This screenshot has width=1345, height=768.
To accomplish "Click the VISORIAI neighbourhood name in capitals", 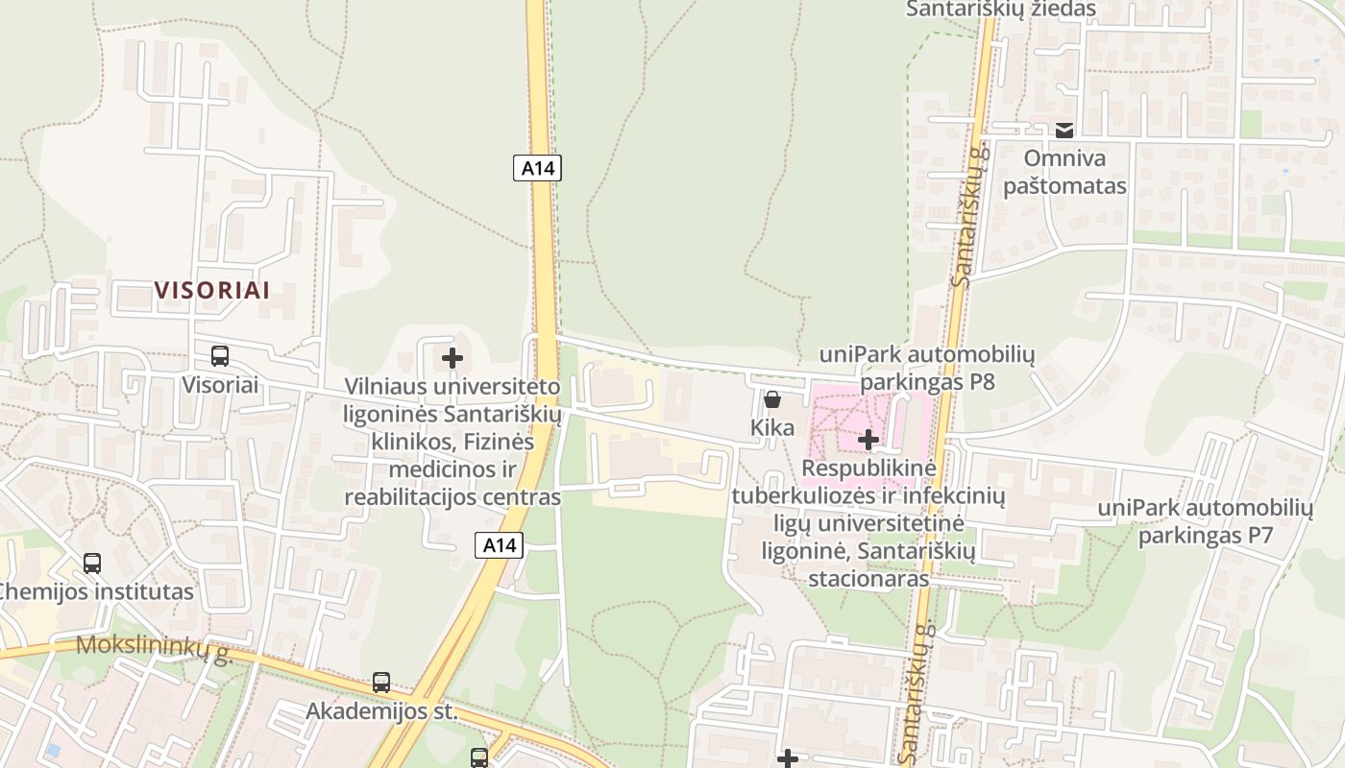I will click(x=212, y=290).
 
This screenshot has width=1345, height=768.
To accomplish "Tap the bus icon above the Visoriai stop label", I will click(x=220, y=356).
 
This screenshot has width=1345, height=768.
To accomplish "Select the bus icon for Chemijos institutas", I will click(x=92, y=564).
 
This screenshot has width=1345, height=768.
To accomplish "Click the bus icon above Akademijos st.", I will click(x=381, y=683).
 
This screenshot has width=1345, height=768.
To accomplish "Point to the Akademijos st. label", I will click(x=381, y=712).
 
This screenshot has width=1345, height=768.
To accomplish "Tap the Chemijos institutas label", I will click(x=96, y=591).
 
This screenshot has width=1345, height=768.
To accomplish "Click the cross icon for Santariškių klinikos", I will click(x=452, y=359).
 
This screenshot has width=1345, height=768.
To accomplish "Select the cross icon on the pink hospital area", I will click(x=868, y=440).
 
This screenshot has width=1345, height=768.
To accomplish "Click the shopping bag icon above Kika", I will click(x=772, y=399).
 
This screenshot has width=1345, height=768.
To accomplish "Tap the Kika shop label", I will click(x=773, y=427).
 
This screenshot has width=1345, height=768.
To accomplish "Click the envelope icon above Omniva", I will click(x=1064, y=131).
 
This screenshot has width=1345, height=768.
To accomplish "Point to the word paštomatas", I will click(x=1064, y=185).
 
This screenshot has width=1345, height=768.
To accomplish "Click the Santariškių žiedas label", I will click(x=1000, y=10).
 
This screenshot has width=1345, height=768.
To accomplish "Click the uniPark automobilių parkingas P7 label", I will click(x=1206, y=521).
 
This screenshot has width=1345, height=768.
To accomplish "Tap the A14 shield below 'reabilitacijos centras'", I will click(x=500, y=546).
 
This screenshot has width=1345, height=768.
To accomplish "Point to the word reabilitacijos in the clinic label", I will click(x=411, y=497).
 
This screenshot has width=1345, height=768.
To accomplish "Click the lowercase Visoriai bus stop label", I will click(x=220, y=385).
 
